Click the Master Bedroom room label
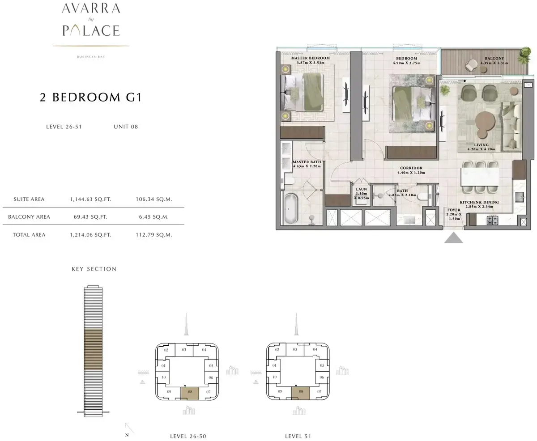point(311,58)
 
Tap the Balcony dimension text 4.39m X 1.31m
point(494,63)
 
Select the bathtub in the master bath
point(290,209)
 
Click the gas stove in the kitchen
point(492,220)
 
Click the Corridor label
point(411,168)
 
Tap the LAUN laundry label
point(361,189)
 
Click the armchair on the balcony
point(471,65)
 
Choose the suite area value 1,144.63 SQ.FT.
point(90,199)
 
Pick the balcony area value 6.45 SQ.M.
point(154,217)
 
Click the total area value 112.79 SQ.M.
point(154,235)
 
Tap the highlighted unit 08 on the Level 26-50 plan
point(190,393)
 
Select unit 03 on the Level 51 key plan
point(295,349)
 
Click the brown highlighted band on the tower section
point(93,349)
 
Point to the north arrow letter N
point(127,435)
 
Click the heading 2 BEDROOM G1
point(91,97)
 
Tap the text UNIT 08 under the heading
point(126,127)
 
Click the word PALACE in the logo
point(91,30)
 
